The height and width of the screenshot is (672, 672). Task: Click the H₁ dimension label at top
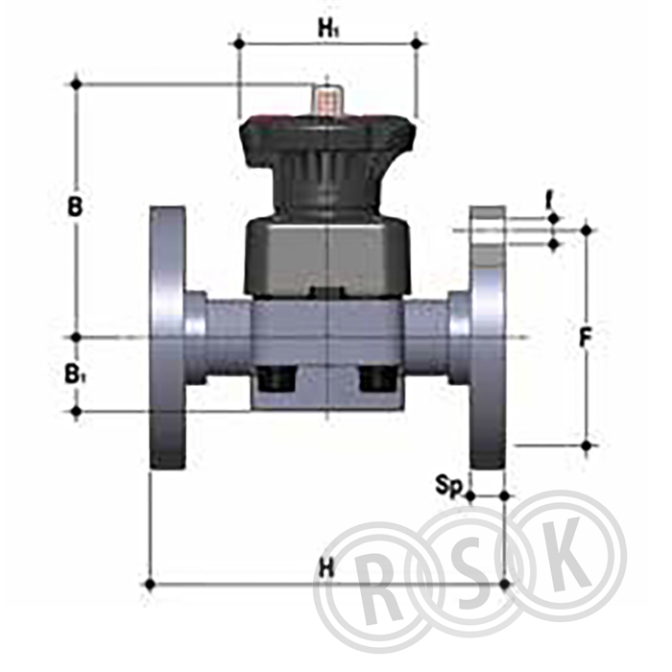pyautogui.click(x=328, y=29)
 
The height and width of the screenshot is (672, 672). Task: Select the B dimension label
pyautogui.click(x=75, y=206)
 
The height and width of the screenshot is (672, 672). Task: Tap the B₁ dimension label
pyautogui.click(x=76, y=373)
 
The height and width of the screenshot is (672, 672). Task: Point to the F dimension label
pyautogui.click(x=585, y=337)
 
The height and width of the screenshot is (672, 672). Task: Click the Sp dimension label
pyautogui.click(x=449, y=486)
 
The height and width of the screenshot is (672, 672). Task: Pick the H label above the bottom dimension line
pyautogui.click(x=326, y=569)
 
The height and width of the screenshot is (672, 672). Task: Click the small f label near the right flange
pyautogui.click(x=548, y=202)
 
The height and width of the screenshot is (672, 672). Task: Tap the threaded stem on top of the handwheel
pyautogui.click(x=327, y=100)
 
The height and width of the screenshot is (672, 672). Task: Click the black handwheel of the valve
pyautogui.click(x=327, y=163)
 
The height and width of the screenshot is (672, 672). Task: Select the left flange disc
pyautogui.click(x=168, y=337)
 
